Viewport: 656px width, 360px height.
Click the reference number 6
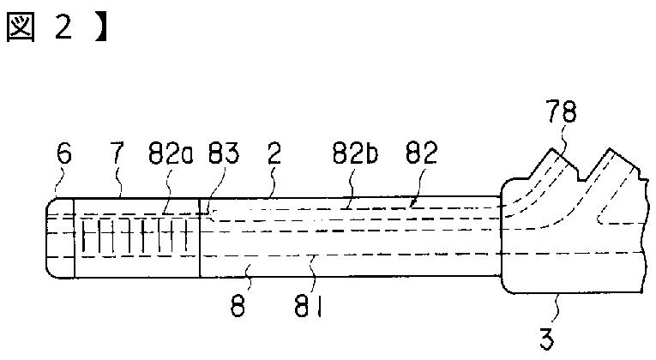click(x=64, y=153)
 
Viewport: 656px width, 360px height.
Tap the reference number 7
click(x=117, y=153)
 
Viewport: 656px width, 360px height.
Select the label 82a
click(x=171, y=153)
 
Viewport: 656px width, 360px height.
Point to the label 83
click(x=224, y=153)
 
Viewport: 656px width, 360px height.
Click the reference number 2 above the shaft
click(x=274, y=153)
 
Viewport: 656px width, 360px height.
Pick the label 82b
click(x=355, y=153)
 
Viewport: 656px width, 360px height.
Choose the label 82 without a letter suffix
click(x=422, y=153)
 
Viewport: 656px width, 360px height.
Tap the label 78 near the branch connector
click(x=563, y=111)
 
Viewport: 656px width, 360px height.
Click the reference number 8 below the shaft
click(x=238, y=307)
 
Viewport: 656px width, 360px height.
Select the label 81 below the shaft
click(x=308, y=307)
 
